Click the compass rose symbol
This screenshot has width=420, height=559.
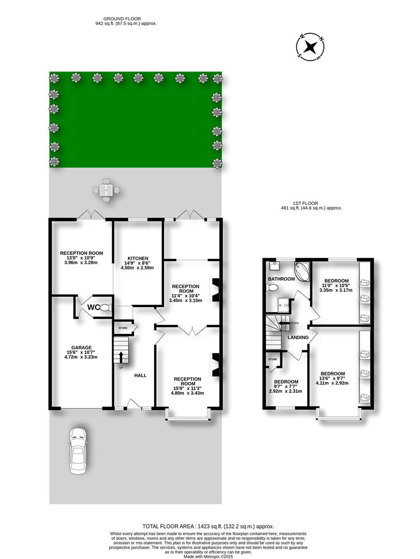click(310, 47)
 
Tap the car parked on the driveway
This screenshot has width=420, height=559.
click(78, 450)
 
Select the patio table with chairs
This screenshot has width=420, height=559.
click(107, 190)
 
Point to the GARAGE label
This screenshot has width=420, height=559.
click(82, 347)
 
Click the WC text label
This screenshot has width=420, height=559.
click(93, 307)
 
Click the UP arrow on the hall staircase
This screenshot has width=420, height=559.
click(122, 358)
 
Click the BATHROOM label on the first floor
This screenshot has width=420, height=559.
click(281, 279)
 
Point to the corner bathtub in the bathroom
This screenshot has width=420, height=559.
click(302, 270)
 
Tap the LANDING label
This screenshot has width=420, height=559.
click(298, 338)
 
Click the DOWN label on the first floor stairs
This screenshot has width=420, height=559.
click(294, 323)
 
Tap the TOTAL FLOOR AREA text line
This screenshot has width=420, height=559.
click(209, 526)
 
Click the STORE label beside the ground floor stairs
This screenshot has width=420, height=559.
click(123, 328)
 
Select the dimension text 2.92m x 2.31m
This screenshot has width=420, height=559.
click(285, 391)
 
